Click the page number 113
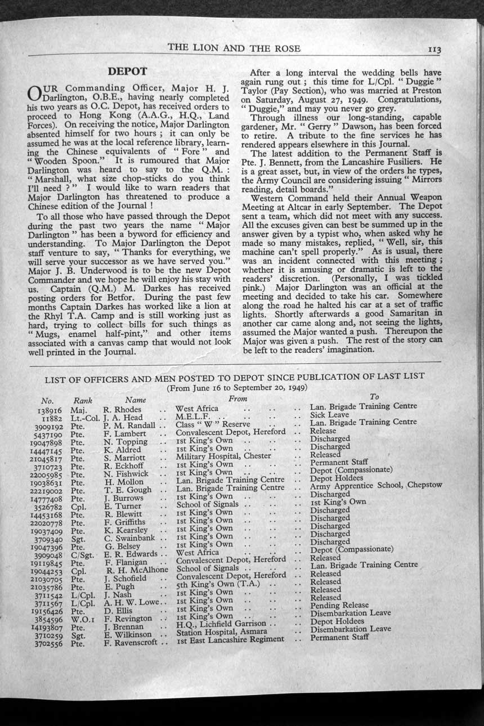[x=434, y=50]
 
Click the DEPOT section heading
[x=127, y=71]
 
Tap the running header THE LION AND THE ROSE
[x=234, y=48]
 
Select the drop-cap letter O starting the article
[x=34, y=92]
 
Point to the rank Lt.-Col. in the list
[x=86, y=418]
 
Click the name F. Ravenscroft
[x=132, y=642]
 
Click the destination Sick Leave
[x=330, y=414]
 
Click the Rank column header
[x=83, y=401]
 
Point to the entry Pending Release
[x=339, y=605]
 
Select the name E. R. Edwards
[x=131, y=554]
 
